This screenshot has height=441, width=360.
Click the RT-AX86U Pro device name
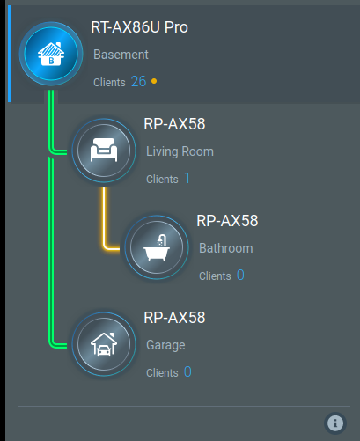(139, 27)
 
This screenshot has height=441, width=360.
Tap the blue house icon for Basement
(51, 54)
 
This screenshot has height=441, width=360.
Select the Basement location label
(121, 55)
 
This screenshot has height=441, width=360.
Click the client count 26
(139, 81)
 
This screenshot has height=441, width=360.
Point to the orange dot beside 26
(154, 81)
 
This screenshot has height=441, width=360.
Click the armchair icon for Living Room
(104, 151)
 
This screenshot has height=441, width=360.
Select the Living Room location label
(180, 151)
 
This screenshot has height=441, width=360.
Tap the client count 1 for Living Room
(187, 178)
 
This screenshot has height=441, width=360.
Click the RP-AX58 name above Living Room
(174, 124)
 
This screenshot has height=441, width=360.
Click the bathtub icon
(157, 247)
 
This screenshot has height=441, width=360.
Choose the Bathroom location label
(226, 248)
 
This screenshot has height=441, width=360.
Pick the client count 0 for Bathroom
(240, 275)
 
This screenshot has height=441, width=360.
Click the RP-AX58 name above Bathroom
(227, 221)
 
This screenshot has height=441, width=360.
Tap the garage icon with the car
(104, 344)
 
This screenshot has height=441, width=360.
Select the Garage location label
(165, 345)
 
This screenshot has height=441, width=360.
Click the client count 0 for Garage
(187, 371)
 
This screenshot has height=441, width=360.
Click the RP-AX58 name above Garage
(174, 318)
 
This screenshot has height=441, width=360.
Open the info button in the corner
(335, 423)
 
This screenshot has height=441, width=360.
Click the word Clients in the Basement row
(109, 83)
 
